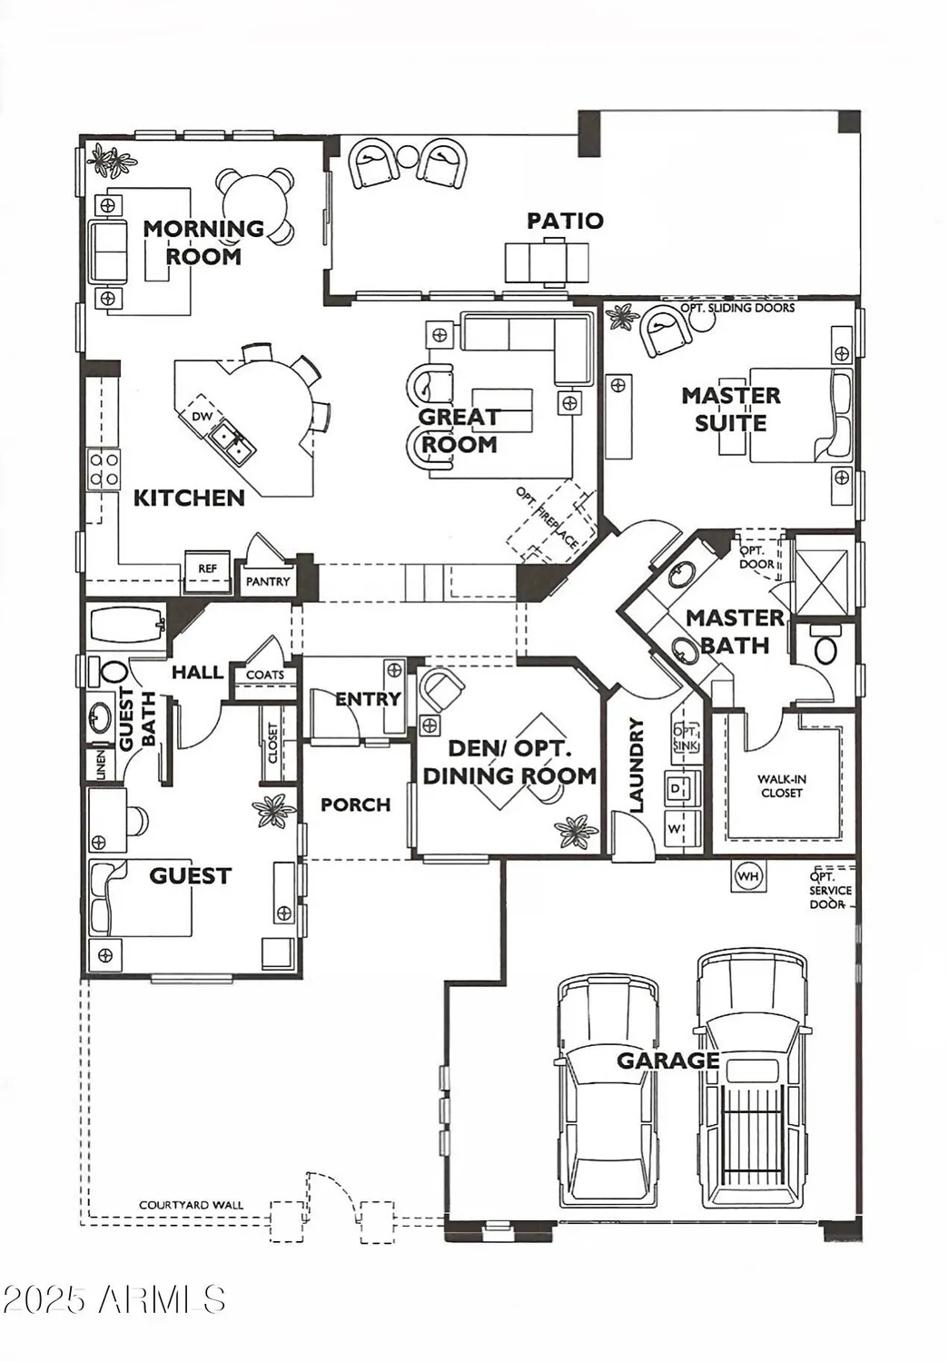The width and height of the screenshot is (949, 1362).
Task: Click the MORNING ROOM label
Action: pyautogui.click(x=204, y=242)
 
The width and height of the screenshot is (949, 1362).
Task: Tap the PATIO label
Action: pyautogui.click(x=565, y=221)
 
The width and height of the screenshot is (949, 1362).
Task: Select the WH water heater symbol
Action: pyautogui.click(x=748, y=876)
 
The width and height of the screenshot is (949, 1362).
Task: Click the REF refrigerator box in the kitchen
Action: pyautogui.click(x=207, y=569)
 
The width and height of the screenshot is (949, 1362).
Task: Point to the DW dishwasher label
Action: pyautogui.click(x=202, y=417)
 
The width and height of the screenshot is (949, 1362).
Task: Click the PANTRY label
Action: pyautogui.click(x=268, y=581)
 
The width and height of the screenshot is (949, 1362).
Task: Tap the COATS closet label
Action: pyautogui.click(x=265, y=675)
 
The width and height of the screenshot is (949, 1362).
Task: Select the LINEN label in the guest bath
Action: pyautogui.click(x=101, y=765)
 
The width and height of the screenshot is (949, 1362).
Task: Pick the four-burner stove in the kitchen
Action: pyautogui.click(x=104, y=469)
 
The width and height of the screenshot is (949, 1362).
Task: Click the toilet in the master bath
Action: pyautogui.click(x=825, y=646)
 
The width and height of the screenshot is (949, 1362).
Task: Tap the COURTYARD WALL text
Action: pyautogui.click(x=191, y=1205)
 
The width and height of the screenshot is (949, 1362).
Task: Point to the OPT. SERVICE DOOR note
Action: pyautogui.click(x=830, y=891)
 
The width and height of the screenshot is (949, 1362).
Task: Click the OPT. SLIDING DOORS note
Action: pyautogui.click(x=737, y=308)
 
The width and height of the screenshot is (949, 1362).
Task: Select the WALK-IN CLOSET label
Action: pyautogui.click(x=781, y=785)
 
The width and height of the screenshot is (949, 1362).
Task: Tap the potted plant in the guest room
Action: pyautogui.click(x=273, y=810)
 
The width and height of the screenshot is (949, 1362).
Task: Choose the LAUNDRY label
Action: pyautogui.click(x=637, y=765)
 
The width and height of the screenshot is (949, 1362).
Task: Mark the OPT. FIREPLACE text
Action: pyautogui.click(x=548, y=518)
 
